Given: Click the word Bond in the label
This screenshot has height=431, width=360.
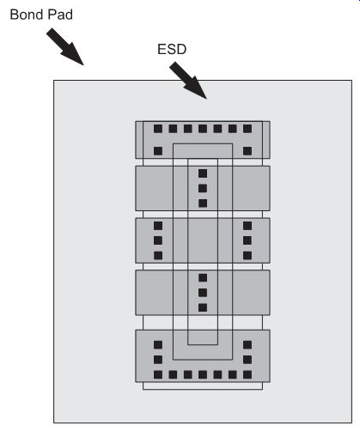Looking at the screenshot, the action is [27, 15].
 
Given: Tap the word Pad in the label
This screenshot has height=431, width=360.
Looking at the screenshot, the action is [60, 15].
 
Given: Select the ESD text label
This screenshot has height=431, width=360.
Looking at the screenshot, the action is [172, 49].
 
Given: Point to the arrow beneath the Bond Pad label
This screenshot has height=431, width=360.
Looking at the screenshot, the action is [65, 46].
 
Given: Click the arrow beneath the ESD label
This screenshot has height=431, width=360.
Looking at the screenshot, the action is [188, 81].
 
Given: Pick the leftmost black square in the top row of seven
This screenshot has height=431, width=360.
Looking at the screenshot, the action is [158, 129].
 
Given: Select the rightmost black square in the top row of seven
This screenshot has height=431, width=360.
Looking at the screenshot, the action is [247, 129].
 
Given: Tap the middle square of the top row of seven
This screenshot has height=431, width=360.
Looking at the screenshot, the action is [203, 129].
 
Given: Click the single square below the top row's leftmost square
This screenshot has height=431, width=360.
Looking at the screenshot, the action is [158, 151].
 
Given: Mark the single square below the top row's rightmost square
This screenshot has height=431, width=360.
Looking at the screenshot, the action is [247, 151].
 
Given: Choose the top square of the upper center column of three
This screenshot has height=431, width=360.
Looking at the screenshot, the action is [203, 173].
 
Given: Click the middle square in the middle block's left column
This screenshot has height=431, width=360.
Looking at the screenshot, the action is [158, 240].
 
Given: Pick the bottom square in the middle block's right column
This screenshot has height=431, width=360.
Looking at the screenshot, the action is [247, 255].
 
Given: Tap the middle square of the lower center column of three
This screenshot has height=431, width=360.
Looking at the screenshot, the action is [203, 293].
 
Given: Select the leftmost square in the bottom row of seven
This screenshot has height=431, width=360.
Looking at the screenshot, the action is [158, 374].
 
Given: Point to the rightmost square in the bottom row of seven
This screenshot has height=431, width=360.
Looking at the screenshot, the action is [247, 374].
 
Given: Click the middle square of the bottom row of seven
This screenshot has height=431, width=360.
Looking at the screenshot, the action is [203, 374].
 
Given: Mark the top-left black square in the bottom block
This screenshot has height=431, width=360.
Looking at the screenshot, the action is [158, 344].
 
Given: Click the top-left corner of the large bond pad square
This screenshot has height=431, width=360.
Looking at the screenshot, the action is [54, 81].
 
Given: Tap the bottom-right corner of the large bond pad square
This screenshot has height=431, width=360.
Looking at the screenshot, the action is [351, 422].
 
